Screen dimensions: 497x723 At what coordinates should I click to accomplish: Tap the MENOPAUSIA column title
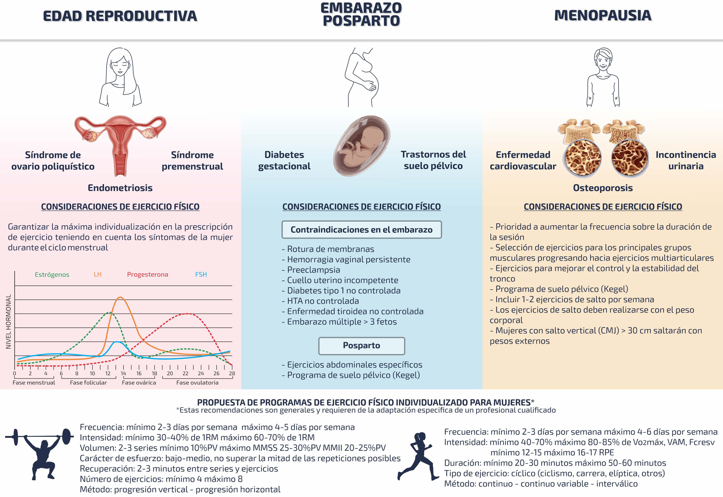click(x=603, y=16)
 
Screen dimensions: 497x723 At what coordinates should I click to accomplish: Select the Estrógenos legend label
click(x=52, y=274)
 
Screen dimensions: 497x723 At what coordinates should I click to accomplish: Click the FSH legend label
click(x=201, y=274)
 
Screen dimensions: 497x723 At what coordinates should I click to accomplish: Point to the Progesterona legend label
click(x=147, y=274)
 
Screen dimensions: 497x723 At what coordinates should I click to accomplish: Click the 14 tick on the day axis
click(x=123, y=373)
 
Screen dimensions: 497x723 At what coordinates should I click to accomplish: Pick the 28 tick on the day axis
click(x=232, y=373)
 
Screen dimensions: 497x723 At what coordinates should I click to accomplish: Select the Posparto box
click(x=361, y=346)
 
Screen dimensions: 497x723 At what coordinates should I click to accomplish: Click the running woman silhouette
click(x=416, y=456)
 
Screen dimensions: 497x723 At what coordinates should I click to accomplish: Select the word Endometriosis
click(x=120, y=188)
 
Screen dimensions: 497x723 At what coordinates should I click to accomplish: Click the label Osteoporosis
click(x=603, y=188)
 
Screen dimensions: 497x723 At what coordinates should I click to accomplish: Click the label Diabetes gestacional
click(x=284, y=160)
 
